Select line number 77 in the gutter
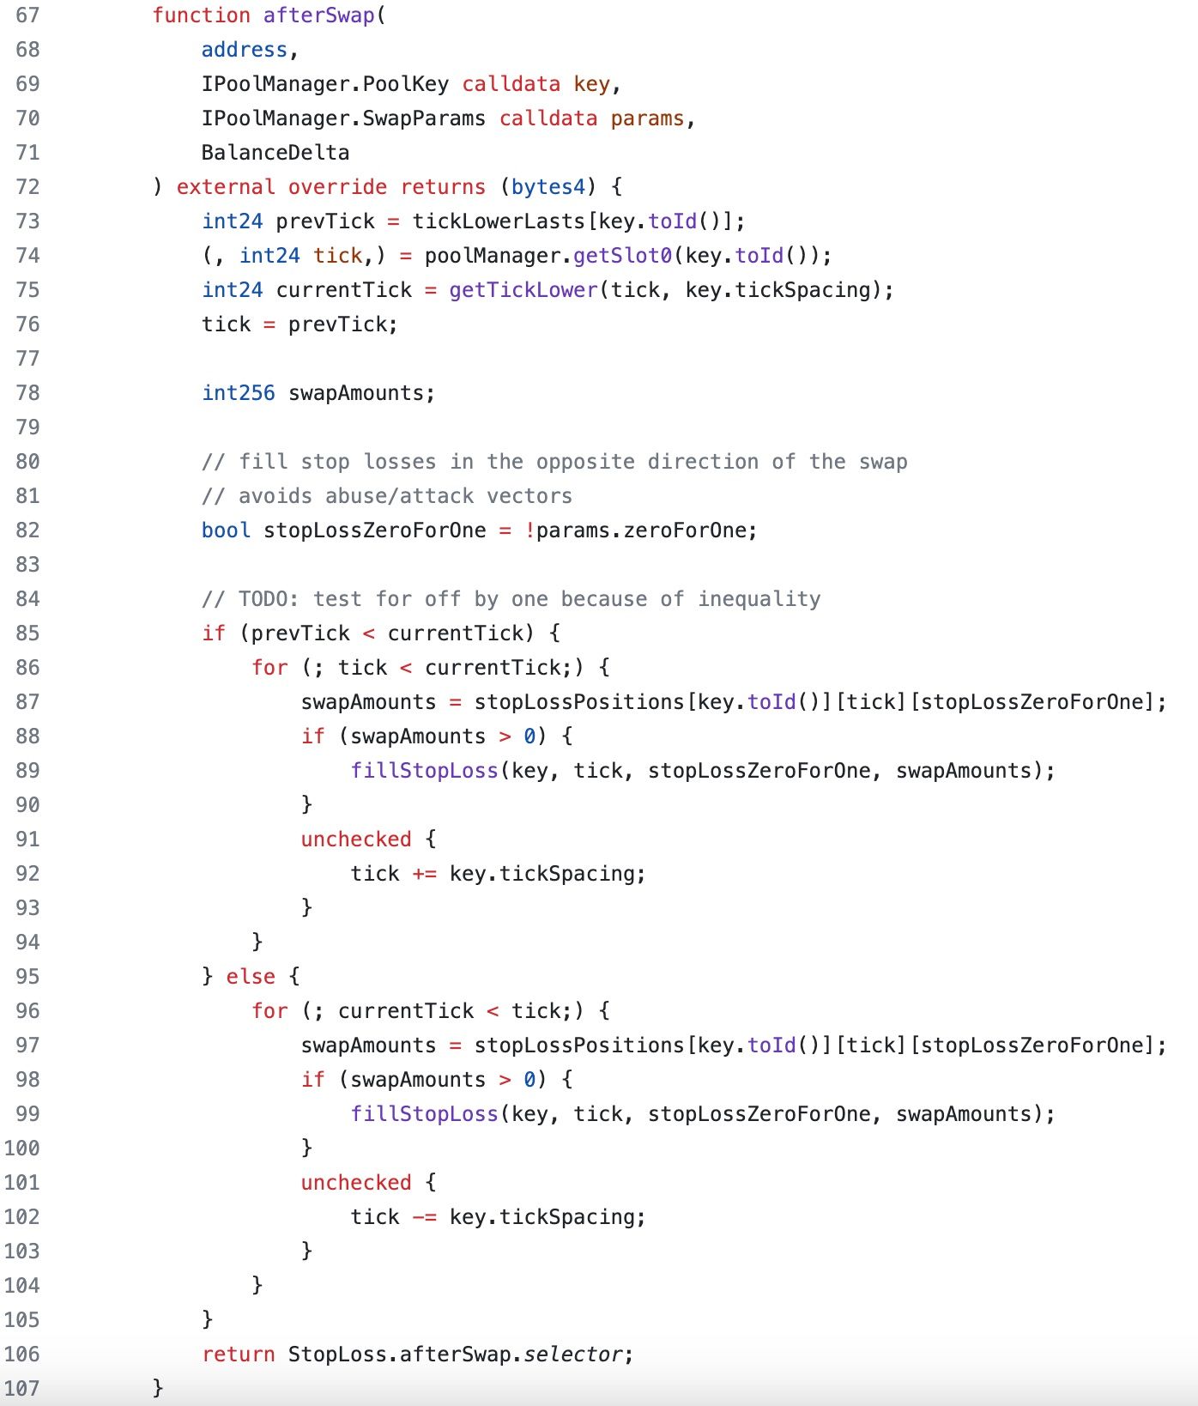click(27, 359)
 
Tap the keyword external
click(226, 187)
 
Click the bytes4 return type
click(548, 187)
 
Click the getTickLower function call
click(523, 290)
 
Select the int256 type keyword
click(239, 393)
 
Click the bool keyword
click(227, 530)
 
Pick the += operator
click(425, 874)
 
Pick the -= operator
click(425, 1217)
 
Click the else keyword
click(251, 977)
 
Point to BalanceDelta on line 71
click(275, 153)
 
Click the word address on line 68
click(245, 50)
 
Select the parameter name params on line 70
click(648, 118)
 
